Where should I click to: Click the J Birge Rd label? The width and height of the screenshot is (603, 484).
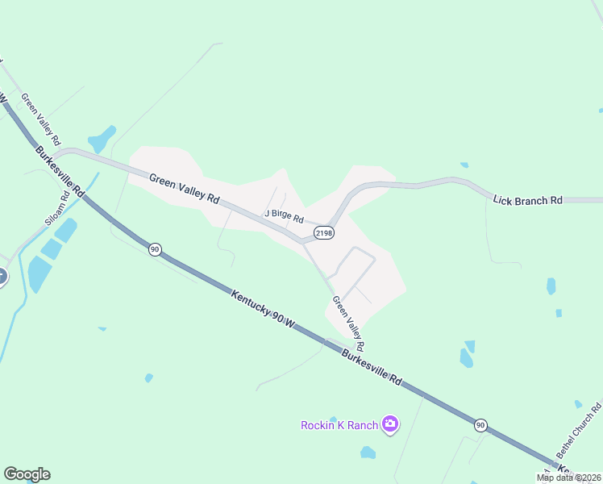click(284, 216)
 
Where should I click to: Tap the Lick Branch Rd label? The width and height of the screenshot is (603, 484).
click(527, 199)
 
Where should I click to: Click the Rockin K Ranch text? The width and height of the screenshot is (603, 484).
click(339, 425)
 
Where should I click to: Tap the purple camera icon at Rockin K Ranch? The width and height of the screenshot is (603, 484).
click(390, 424)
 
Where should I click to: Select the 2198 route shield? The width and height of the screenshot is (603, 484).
click(324, 232)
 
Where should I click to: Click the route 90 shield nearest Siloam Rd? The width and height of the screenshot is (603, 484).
click(155, 250)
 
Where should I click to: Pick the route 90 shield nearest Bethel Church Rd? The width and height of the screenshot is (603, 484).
click(480, 425)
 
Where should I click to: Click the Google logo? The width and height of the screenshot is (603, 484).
click(27, 474)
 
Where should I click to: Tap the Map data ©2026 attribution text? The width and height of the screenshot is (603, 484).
click(569, 478)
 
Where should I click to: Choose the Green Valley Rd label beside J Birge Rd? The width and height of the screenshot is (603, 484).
click(184, 186)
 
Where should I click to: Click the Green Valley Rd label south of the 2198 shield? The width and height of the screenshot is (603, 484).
click(349, 323)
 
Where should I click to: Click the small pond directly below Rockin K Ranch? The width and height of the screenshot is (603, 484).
click(368, 453)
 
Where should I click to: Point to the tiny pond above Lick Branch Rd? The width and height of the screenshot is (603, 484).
click(464, 165)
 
